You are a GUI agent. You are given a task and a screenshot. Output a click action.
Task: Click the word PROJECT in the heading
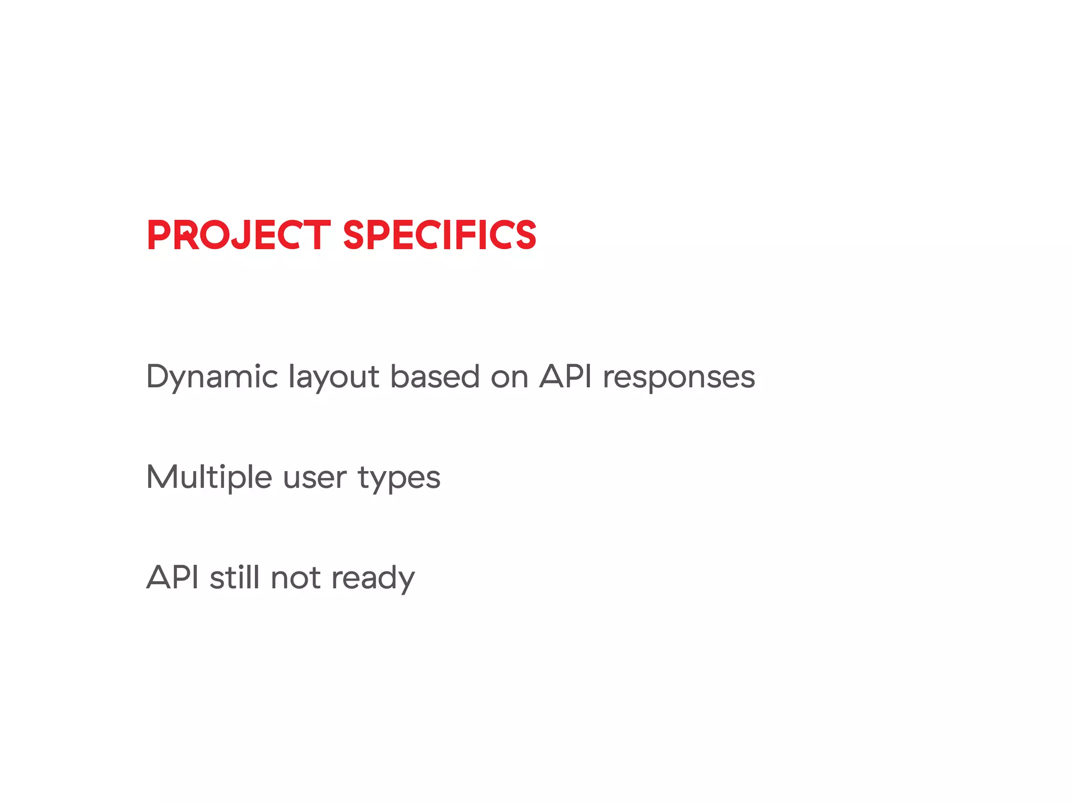[238, 235]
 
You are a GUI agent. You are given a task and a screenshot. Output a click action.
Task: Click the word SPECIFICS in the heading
[439, 235]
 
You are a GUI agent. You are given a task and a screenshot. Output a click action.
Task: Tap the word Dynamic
[211, 377]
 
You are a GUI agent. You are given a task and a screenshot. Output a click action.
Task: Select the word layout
[333, 377]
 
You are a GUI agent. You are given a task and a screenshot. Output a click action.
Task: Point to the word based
[434, 376]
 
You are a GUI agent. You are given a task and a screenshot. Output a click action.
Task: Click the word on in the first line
[509, 377]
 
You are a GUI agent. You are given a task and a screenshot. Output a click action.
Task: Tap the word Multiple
[209, 477]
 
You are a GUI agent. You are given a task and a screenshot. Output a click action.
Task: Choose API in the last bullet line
[173, 577]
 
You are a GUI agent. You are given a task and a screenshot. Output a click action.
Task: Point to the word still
[234, 577]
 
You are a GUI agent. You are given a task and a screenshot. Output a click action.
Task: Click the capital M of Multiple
[162, 477]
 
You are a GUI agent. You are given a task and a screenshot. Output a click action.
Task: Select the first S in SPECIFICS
[356, 235]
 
